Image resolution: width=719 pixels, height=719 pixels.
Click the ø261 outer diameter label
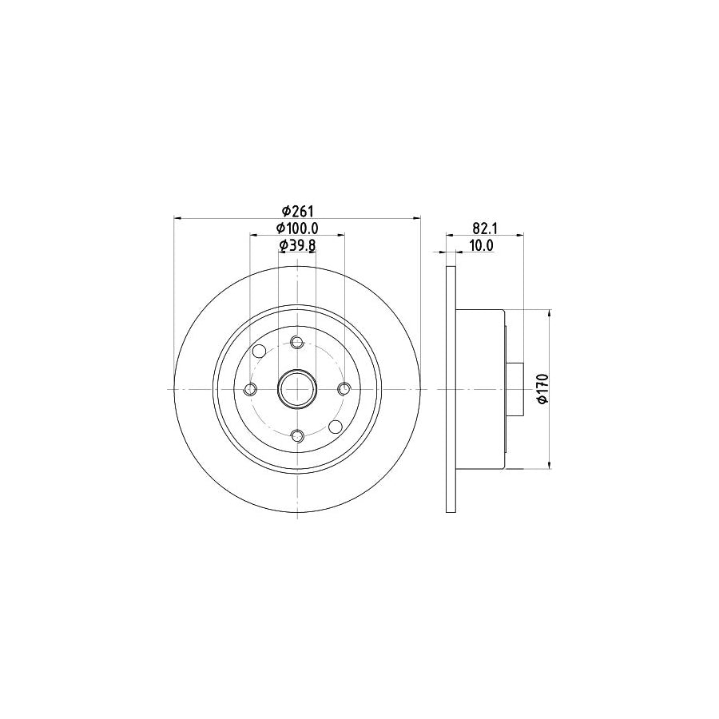click(297, 210)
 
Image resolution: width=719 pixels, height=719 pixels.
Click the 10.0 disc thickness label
click(480, 245)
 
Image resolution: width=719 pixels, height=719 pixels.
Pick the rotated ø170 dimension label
click(542, 388)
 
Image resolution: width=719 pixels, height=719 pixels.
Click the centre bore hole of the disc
click(297, 389)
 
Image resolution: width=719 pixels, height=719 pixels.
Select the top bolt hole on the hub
click(297, 342)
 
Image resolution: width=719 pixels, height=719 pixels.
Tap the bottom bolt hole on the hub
click(297, 436)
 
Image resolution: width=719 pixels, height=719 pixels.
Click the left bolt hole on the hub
click(250, 389)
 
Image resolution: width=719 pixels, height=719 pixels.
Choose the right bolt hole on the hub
click(344, 389)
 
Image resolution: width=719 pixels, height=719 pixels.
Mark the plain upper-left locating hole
click(259, 352)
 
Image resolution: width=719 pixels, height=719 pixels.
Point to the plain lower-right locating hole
click(336, 427)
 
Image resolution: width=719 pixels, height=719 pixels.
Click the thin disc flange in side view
click(451, 389)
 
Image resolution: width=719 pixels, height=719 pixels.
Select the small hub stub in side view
click(515, 389)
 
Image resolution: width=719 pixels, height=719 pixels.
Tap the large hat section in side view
click(480, 389)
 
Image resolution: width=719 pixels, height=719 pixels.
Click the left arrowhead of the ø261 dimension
click(178, 217)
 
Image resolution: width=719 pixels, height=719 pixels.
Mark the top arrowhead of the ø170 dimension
click(550, 313)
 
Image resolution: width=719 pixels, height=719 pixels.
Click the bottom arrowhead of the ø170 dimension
click(550, 464)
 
